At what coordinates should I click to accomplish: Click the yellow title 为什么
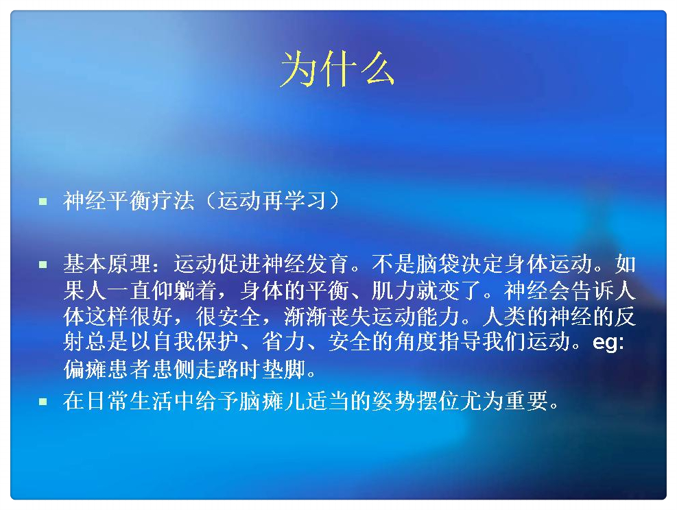point(337,69)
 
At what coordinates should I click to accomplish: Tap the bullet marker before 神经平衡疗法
point(43,202)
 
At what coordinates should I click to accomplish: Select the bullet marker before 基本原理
point(43,265)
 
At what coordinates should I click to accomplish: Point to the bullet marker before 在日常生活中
point(43,402)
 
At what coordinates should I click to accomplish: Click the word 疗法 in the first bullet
point(173,201)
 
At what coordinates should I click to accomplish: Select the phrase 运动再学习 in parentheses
point(272,201)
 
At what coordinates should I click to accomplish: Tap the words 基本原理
point(107,264)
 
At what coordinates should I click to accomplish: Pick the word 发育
point(327,264)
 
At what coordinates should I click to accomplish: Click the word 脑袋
point(438,264)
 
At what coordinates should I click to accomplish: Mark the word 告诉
point(593,291)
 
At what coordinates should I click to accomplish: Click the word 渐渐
point(306,316)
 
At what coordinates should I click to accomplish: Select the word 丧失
point(350,316)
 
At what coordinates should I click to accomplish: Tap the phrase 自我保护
point(195,341)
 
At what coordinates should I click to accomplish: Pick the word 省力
point(283,341)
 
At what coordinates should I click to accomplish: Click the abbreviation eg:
point(608,342)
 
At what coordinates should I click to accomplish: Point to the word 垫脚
point(284,369)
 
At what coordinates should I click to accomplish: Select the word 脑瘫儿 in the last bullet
point(272,401)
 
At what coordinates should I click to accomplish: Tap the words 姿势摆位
point(416,401)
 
